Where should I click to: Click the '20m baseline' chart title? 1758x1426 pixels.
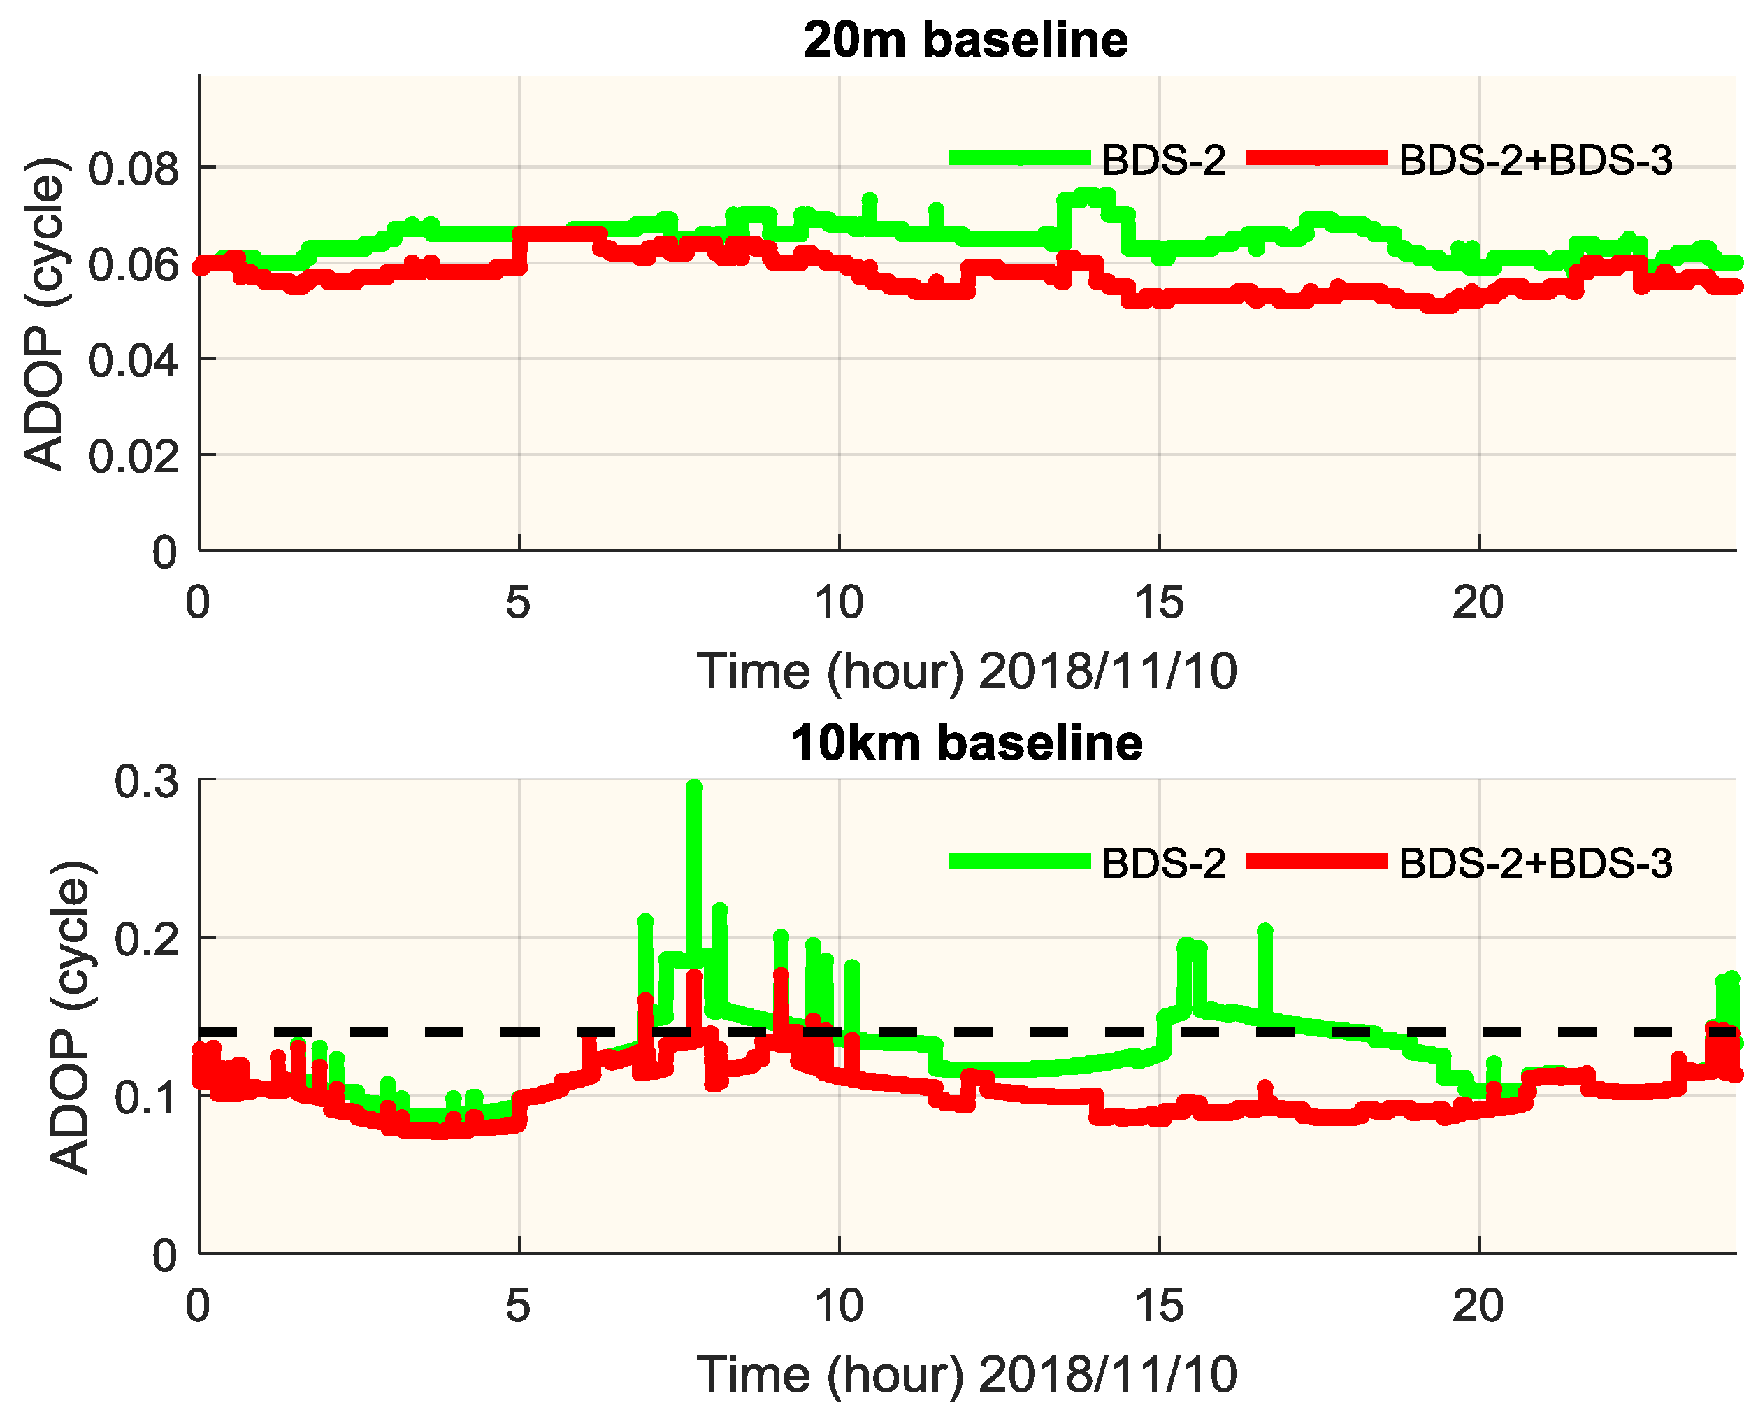[x=965, y=39]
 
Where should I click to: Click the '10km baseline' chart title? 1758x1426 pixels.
[x=965, y=743]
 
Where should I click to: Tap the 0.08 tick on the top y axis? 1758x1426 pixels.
[x=133, y=169]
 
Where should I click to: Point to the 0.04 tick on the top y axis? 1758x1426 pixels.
[x=133, y=361]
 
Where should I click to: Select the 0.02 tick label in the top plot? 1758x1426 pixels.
[x=133, y=457]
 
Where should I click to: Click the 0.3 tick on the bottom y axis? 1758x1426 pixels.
[x=146, y=781]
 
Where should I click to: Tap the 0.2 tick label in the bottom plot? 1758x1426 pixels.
[x=146, y=939]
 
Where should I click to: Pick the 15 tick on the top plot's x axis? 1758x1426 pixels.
[x=1158, y=603]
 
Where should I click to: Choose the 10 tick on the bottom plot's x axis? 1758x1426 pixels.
[x=838, y=1306]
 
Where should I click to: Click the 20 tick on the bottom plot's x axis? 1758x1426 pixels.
[x=1478, y=1306]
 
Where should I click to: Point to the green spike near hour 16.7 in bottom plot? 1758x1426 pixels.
[x=1265, y=932]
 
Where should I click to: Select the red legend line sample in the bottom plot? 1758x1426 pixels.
[x=1316, y=861]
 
